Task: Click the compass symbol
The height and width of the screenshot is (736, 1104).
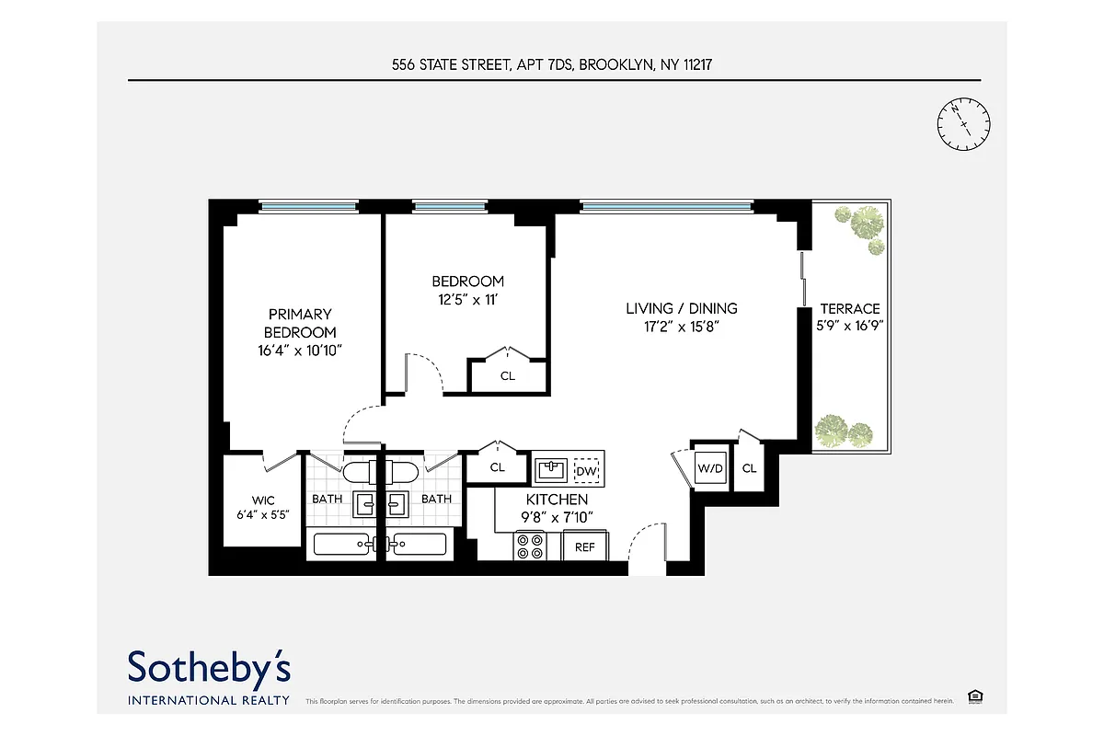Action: point(963,124)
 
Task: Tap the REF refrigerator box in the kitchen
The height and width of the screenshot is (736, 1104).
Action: point(585,546)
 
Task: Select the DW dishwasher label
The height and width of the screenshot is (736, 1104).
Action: point(586,472)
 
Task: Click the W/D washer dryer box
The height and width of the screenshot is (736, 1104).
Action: point(709,468)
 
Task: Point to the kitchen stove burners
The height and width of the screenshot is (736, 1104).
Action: point(530,546)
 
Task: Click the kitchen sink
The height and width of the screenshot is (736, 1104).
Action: point(552,470)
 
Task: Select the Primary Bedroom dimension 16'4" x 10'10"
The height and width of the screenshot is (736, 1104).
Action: point(301,350)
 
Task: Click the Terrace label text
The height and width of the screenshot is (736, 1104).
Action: point(850,309)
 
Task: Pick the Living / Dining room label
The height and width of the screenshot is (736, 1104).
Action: point(682,308)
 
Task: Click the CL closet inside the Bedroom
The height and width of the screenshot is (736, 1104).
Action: point(508,375)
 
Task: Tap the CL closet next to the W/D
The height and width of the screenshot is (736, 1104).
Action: point(749,468)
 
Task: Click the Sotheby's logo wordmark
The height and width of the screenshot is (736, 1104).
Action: point(209,667)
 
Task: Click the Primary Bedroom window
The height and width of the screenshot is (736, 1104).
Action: point(307,207)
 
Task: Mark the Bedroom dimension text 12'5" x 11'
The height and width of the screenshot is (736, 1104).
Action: point(468,299)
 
